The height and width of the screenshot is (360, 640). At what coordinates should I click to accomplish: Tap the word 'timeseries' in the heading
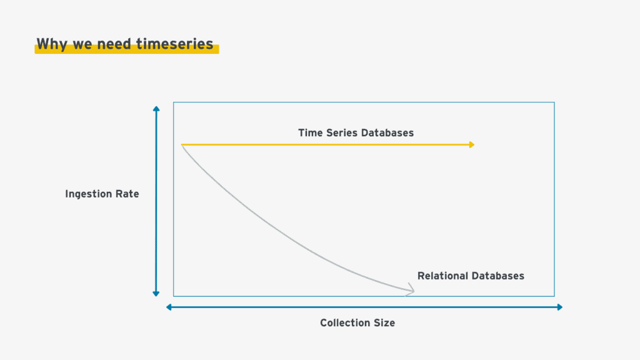[175, 44]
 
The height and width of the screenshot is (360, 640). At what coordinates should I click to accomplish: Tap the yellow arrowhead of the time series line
[472, 144]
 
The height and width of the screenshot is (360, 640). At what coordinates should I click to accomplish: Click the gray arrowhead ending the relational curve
[411, 289]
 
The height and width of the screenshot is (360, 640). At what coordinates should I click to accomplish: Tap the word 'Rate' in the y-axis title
[127, 194]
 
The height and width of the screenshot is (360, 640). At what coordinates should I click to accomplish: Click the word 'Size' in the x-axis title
[384, 323]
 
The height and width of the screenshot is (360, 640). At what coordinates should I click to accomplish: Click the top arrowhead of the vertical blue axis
[156, 109]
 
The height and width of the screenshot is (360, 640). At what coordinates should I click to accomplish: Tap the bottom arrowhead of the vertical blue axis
[156, 294]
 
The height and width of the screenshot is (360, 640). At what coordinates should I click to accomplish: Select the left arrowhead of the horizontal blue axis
[169, 307]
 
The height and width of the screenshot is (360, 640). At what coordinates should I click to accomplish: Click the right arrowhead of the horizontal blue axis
[560, 307]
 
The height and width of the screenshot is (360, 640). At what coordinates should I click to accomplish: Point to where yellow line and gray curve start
[182, 145]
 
